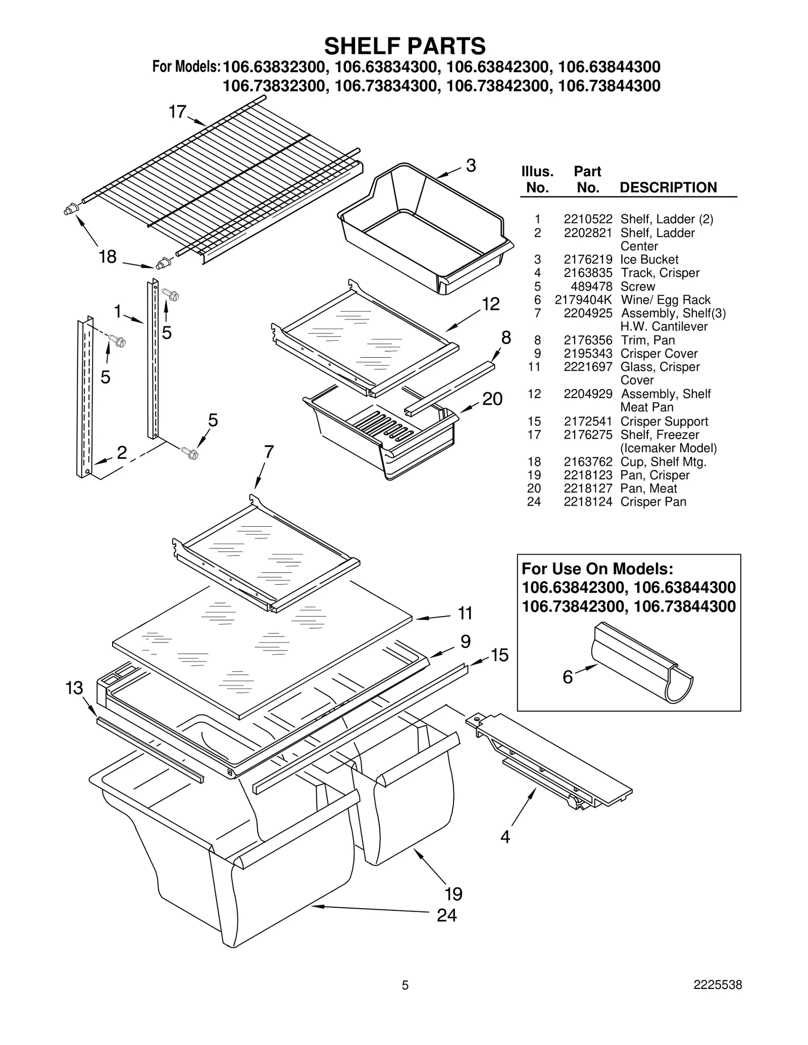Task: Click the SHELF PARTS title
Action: (x=405, y=46)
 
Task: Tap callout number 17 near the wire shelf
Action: (x=177, y=112)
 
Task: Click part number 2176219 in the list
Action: (x=587, y=259)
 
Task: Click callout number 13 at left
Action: (x=74, y=688)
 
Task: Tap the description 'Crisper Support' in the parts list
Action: (x=664, y=421)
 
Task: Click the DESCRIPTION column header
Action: (x=668, y=188)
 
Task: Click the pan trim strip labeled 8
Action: (x=449, y=388)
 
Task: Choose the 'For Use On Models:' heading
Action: (x=597, y=569)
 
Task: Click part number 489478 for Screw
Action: (x=591, y=286)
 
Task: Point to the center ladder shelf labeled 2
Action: (x=84, y=399)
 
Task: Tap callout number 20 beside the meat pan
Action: (x=492, y=399)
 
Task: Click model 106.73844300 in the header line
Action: (x=609, y=86)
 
